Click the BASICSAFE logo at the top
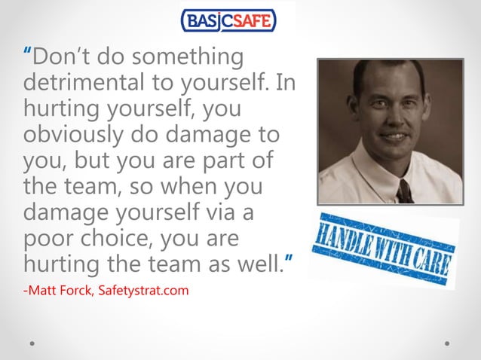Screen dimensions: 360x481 pyautogui.click(x=229, y=20)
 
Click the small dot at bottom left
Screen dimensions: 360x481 pyautogui.click(x=32, y=343)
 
